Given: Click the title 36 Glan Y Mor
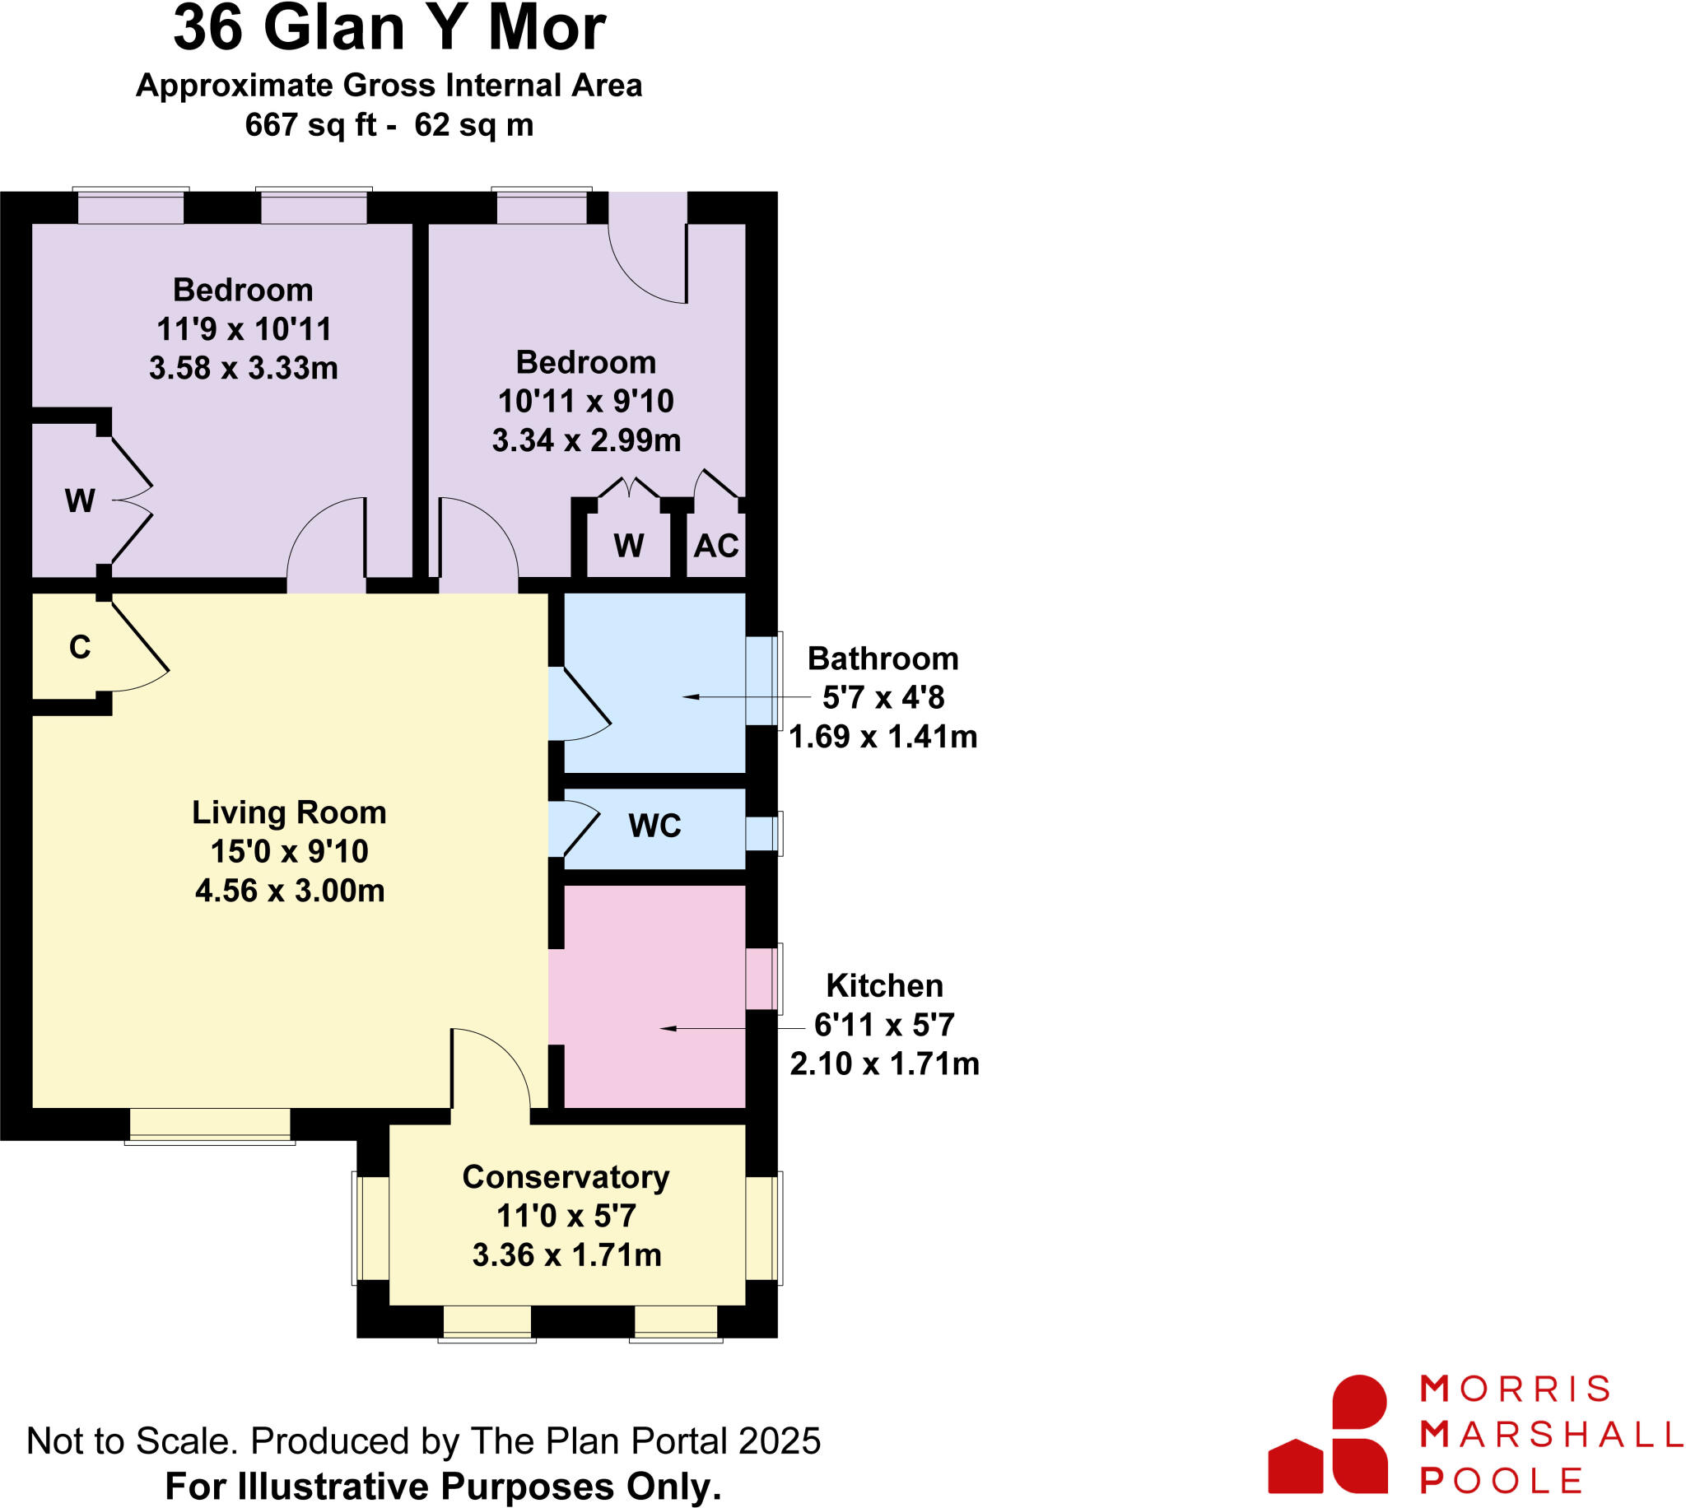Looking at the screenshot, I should click(389, 30).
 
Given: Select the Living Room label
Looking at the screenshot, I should click(289, 812).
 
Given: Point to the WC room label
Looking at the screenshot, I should click(654, 826).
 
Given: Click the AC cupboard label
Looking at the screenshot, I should click(716, 546).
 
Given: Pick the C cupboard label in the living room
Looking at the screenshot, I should click(80, 647).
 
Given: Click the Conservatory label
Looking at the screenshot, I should click(566, 1177).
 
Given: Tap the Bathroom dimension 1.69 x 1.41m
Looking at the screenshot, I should click(883, 737).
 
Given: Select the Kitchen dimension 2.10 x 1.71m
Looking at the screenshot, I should click(884, 1064).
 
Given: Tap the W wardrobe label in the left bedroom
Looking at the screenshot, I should click(80, 500).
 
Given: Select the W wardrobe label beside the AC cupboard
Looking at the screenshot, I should click(629, 546).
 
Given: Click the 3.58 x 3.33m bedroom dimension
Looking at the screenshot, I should click(244, 368).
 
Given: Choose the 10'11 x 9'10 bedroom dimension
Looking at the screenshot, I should click(586, 402).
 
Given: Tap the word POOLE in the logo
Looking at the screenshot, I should click(1502, 1481).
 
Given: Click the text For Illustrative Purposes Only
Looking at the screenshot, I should click(443, 1487).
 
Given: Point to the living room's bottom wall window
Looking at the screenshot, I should click(210, 1126).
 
